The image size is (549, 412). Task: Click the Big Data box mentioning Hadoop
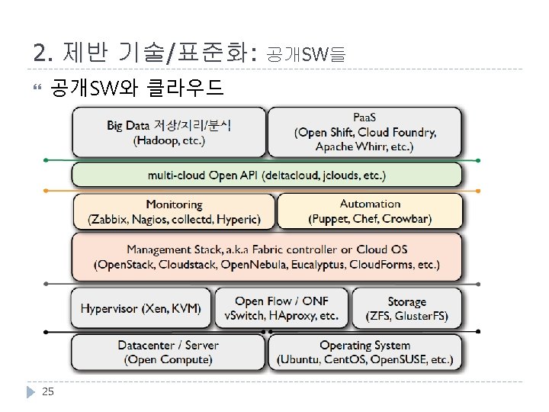click(169, 133)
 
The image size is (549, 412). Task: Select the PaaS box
click(365, 133)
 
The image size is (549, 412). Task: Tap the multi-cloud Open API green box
click(267, 175)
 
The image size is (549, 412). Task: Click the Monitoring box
click(174, 211)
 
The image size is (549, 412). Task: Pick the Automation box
click(370, 211)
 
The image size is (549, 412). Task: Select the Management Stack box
click(267, 257)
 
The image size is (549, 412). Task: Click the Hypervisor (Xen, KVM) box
click(141, 308)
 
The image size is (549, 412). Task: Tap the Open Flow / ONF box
click(281, 308)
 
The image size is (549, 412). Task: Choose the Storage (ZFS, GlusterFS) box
click(406, 308)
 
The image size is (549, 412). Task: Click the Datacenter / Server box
click(168, 352)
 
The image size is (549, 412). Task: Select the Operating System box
click(364, 352)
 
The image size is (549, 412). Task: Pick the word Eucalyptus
click(316, 265)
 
